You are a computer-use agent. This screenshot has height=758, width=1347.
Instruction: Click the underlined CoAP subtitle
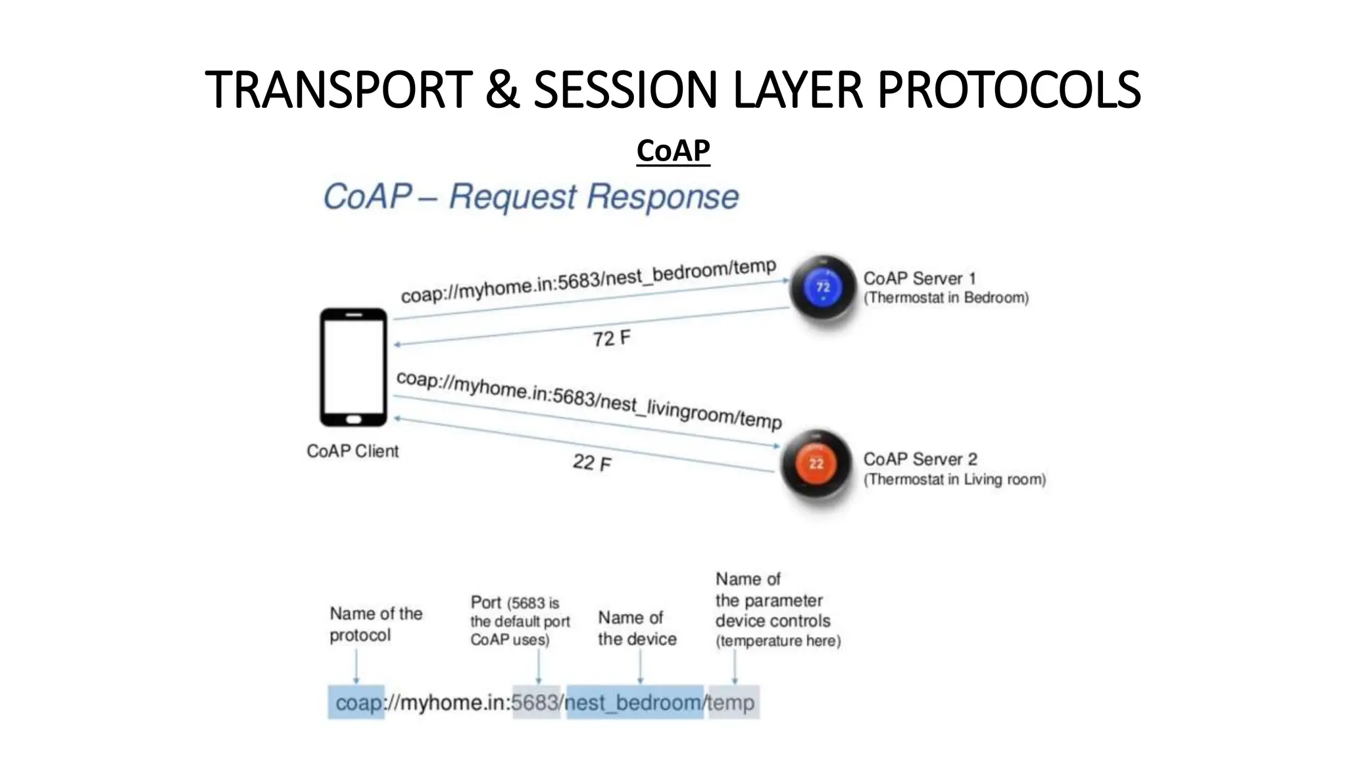click(673, 151)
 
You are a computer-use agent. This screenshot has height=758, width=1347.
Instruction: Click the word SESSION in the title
click(624, 90)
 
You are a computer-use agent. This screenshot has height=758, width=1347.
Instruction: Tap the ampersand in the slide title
click(502, 90)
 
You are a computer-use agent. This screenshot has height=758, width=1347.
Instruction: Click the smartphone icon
click(353, 366)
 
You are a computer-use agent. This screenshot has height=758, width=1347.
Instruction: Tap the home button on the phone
click(353, 419)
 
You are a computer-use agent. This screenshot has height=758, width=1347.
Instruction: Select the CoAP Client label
click(353, 451)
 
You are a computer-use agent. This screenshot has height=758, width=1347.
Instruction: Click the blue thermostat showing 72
click(823, 288)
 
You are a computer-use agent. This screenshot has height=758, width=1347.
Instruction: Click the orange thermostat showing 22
click(816, 463)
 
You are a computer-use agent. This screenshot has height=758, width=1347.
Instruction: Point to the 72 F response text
click(611, 339)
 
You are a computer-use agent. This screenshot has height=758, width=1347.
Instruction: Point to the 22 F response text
click(591, 463)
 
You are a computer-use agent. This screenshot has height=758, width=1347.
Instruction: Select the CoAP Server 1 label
click(919, 278)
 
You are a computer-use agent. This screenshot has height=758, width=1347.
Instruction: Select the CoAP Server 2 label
click(919, 459)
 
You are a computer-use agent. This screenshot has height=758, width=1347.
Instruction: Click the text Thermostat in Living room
click(954, 480)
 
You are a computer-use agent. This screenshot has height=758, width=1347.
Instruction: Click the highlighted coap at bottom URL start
click(357, 703)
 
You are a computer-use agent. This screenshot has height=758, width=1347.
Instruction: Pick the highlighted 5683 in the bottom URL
click(535, 703)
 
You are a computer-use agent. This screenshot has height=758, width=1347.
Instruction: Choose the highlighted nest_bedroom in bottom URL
click(633, 703)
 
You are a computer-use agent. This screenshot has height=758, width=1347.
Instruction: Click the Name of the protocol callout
click(376, 624)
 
